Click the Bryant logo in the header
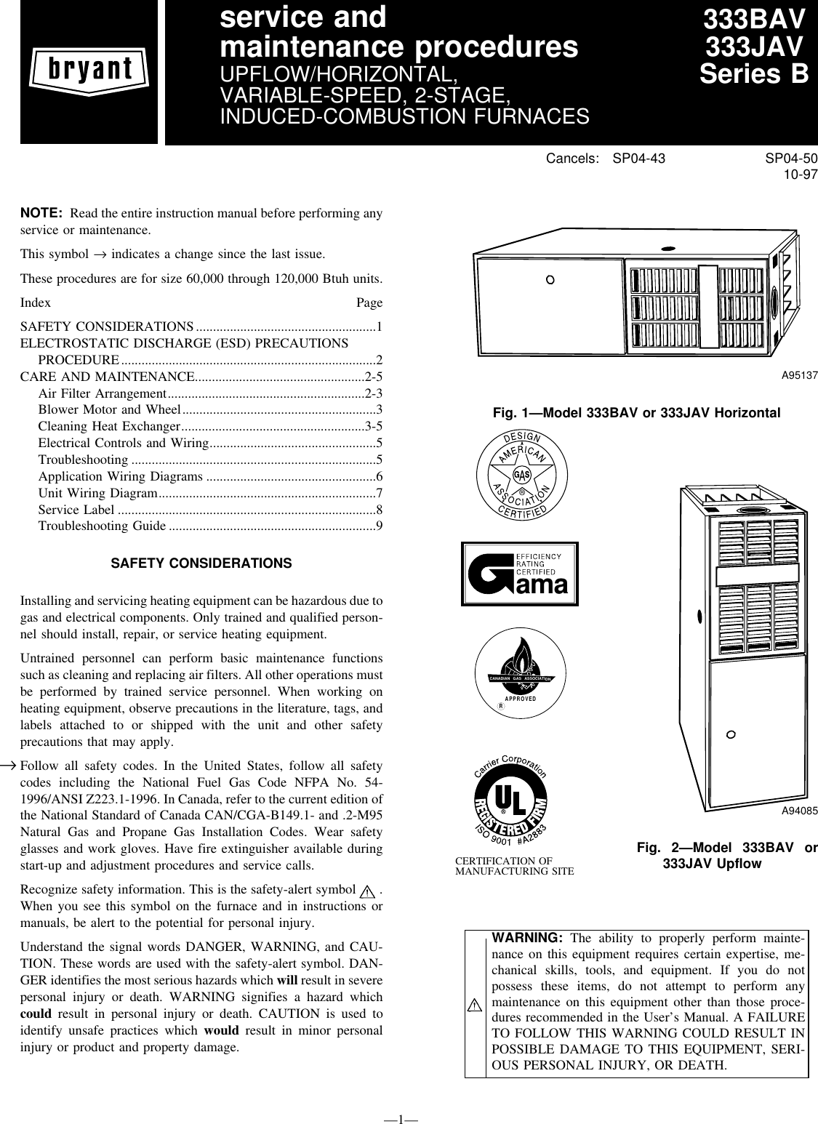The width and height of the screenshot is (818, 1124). pos(89,72)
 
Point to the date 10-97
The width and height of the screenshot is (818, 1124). pos(798,175)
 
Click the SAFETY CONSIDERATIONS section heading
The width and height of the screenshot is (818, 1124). pos(201,564)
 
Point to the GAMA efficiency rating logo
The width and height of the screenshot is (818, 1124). pos(520,574)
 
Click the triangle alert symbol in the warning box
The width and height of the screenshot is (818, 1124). pos(476,1005)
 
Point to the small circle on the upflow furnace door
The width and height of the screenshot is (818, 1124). pos(731,734)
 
